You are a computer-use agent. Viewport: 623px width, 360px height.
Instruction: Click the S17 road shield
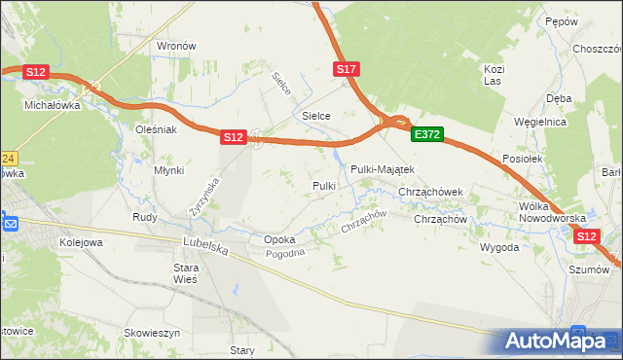pos(348,69)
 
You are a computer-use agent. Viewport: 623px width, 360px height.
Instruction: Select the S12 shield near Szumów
pos(585,236)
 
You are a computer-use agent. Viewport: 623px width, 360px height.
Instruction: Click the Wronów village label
pos(177,46)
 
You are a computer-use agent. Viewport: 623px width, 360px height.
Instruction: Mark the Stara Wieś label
pos(185,272)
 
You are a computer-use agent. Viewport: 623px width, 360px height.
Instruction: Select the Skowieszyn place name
pos(153,333)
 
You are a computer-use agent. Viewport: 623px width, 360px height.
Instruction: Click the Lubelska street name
pos(205,247)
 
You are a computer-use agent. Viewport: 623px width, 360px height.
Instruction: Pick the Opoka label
pos(279,239)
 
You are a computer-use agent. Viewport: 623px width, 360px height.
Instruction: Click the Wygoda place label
pos(498,247)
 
